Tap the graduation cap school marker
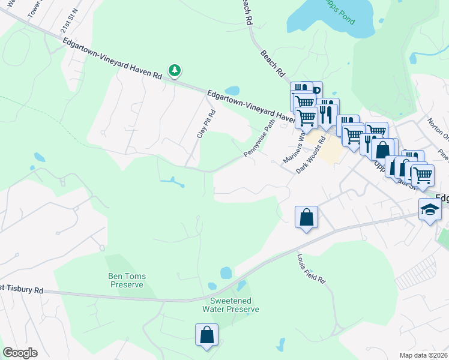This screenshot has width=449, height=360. [x=430, y=209]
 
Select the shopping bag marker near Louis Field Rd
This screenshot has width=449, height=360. [x=307, y=217]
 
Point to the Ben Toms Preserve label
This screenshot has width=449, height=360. [x=127, y=280]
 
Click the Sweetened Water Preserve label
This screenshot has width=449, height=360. [x=231, y=305]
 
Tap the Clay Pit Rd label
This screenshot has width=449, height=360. [x=205, y=124]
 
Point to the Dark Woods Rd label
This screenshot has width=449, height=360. [x=310, y=155]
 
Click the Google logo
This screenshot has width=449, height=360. [x=20, y=353]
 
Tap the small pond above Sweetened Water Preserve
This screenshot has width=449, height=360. [x=226, y=273]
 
